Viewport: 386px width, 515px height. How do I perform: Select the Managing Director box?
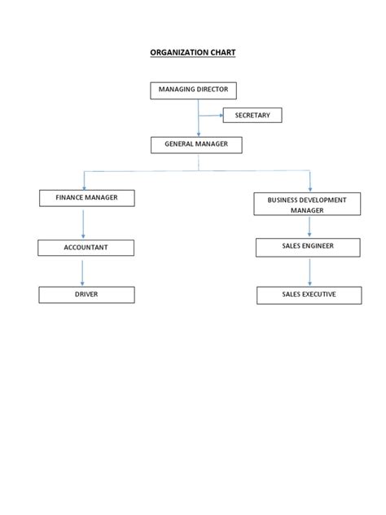(193, 90)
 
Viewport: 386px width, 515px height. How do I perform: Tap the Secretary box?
(252, 116)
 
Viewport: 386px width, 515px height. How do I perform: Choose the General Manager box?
(196, 145)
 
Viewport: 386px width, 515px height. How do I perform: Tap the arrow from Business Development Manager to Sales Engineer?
(309, 227)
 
